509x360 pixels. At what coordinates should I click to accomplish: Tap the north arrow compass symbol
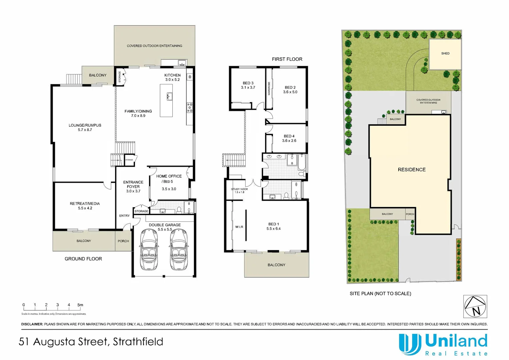click(x=475, y=306)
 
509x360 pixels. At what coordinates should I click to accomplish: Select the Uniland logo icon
click(x=409, y=344)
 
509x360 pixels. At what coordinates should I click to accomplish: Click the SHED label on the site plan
click(x=445, y=53)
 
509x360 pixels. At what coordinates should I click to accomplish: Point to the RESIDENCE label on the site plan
click(x=412, y=170)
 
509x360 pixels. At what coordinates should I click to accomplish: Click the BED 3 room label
click(x=248, y=83)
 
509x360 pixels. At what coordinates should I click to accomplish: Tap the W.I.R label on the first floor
click(x=239, y=227)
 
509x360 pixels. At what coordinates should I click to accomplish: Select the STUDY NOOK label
click(x=239, y=189)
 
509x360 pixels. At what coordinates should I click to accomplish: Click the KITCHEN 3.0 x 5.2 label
click(x=172, y=77)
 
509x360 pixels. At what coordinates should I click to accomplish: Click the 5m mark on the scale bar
click(x=80, y=305)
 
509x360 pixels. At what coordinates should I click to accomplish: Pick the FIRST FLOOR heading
click(x=287, y=59)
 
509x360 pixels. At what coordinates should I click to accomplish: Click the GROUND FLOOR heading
click(x=83, y=259)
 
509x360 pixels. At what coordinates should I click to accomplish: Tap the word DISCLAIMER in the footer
click(x=32, y=324)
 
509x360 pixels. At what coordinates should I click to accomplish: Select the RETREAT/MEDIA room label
click(x=85, y=204)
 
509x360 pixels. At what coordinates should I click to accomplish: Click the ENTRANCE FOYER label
click(x=133, y=184)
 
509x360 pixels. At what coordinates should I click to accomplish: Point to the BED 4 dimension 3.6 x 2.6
click(x=289, y=141)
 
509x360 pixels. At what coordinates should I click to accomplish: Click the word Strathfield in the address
click(x=138, y=342)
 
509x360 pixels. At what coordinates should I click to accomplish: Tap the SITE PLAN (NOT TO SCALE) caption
click(x=380, y=294)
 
